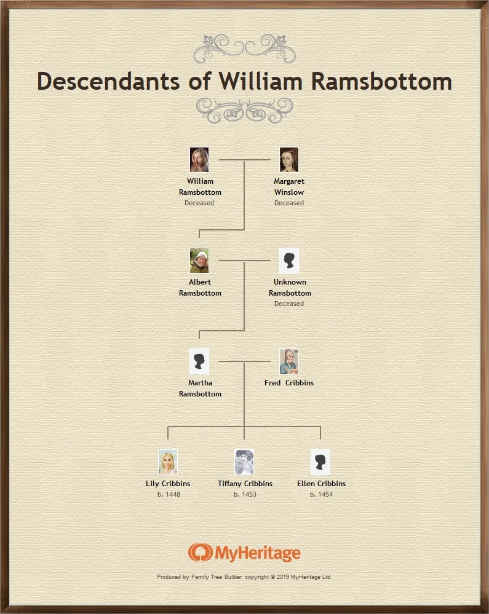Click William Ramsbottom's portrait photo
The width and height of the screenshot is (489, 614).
[x=199, y=160]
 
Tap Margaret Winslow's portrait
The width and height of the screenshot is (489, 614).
[x=289, y=160]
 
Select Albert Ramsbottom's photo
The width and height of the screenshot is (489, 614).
[x=199, y=261]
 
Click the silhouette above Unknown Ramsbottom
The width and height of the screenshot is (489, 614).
[x=289, y=261]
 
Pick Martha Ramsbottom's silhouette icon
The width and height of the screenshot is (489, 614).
[x=199, y=361]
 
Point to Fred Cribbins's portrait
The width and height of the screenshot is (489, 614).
[x=289, y=361]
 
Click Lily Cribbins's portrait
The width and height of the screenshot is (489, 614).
[x=168, y=462]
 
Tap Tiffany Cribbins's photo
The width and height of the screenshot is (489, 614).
[x=244, y=462]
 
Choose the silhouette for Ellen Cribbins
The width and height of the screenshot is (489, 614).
[x=320, y=462]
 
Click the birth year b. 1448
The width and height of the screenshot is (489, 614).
[x=169, y=494]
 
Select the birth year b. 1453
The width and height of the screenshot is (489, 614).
[x=245, y=494]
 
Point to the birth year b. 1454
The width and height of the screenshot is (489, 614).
[x=321, y=494]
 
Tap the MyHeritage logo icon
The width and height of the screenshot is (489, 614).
[x=200, y=553]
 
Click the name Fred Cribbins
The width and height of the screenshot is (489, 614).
[x=289, y=383]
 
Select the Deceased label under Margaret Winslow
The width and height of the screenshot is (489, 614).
[x=289, y=203]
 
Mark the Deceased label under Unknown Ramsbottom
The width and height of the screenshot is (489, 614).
[x=289, y=304]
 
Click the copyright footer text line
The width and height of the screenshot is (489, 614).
[x=244, y=577]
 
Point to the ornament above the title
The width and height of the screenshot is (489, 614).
[x=244, y=48]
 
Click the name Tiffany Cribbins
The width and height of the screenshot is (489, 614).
[x=245, y=484]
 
